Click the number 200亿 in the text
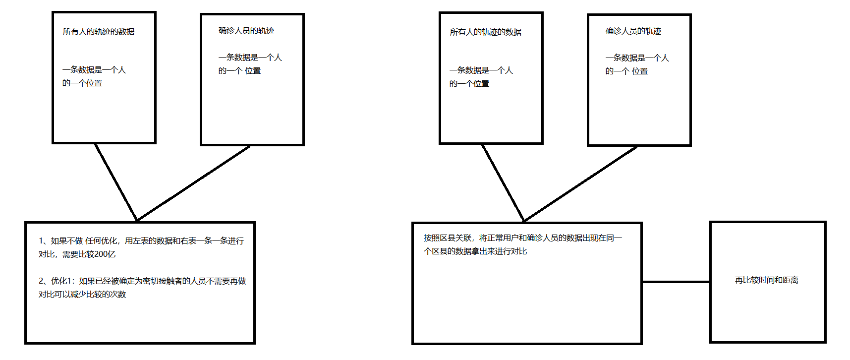tap(105, 254)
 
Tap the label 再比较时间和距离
tap(766, 280)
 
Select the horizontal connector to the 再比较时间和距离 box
tap(676, 282)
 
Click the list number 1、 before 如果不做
tap(44, 241)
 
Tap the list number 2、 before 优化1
tap(44, 281)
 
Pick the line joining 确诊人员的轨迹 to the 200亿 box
tap(193, 183)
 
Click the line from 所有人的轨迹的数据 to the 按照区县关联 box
tap(503, 183)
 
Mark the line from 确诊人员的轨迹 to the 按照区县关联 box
tap(580, 183)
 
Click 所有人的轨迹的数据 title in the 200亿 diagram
tap(98, 32)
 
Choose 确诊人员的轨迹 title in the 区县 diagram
tap(633, 31)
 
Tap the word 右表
tap(188, 241)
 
